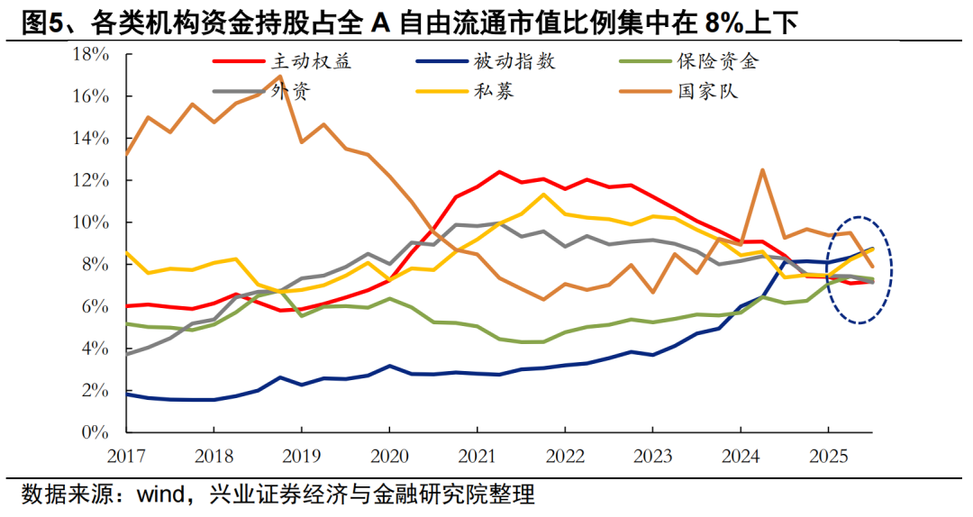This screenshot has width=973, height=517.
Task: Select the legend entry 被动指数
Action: click(x=514, y=62)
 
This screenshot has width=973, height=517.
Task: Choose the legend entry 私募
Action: click(x=494, y=91)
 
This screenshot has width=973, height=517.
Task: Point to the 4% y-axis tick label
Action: click(x=95, y=349)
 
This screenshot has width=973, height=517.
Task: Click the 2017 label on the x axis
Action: click(x=126, y=454)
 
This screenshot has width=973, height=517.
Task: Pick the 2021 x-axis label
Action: click(x=477, y=454)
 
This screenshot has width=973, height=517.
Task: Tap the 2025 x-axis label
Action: click(x=828, y=454)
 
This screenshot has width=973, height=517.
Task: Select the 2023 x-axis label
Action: click(x=652, y=454)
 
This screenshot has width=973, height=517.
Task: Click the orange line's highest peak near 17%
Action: click(x=279, y=76)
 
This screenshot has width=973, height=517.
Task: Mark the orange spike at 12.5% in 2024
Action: click(x=763, y=169)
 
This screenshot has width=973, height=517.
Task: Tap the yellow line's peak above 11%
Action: click(x=543, y=194)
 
